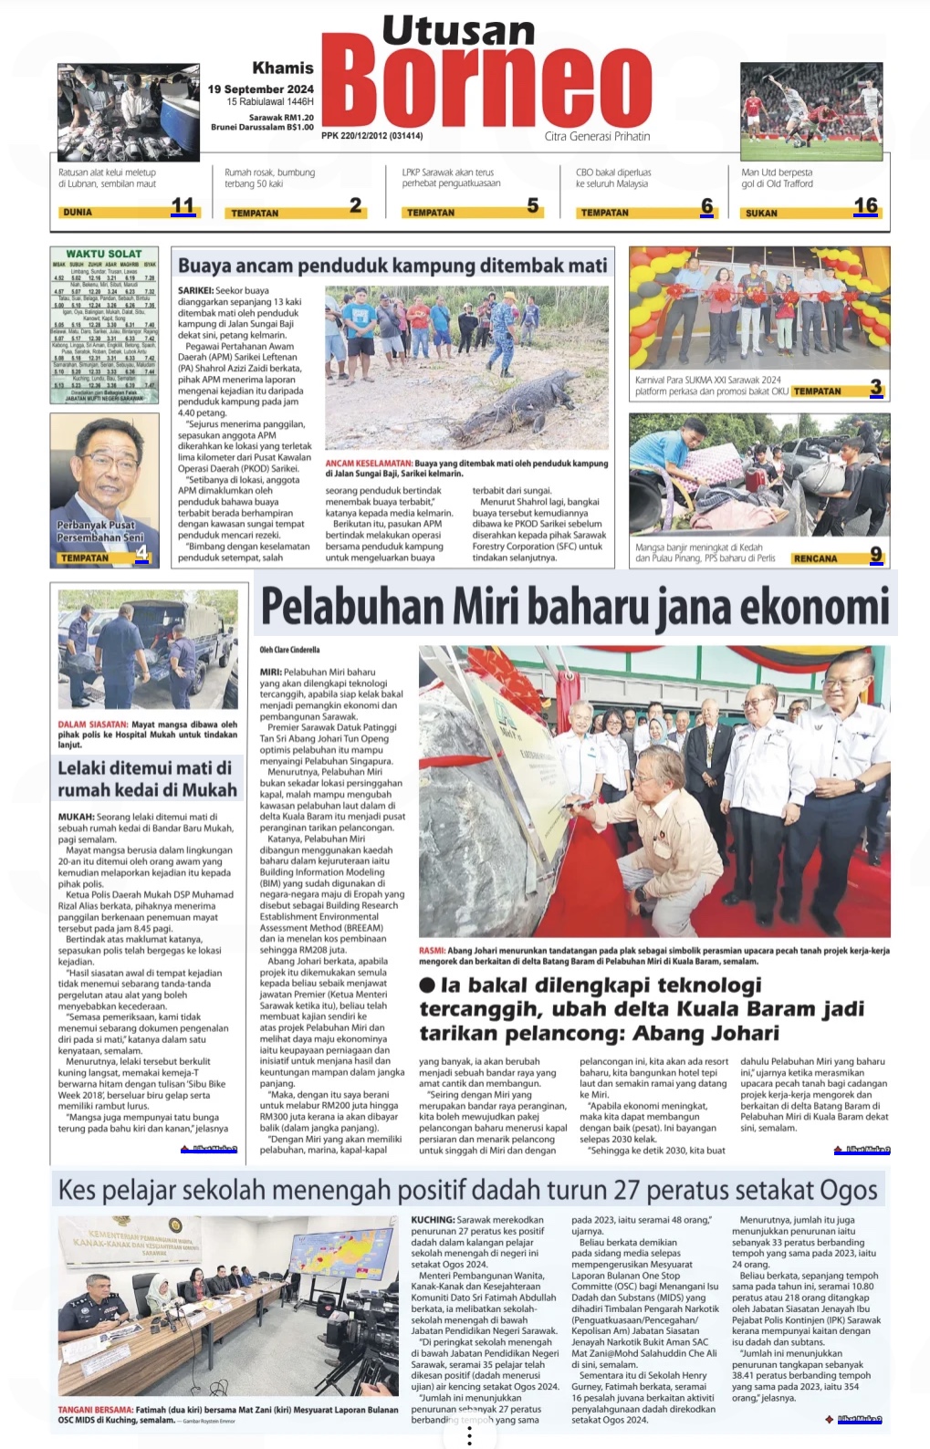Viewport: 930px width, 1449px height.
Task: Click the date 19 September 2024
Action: (x=260, y=89)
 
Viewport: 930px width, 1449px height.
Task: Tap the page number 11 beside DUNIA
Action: (x=183, y=206)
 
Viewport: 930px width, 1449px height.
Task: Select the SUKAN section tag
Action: (x=761, y=213)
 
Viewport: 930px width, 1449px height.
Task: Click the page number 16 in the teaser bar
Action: (x=865, y=206)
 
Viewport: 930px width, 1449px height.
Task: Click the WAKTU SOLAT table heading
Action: (x=104, y=254)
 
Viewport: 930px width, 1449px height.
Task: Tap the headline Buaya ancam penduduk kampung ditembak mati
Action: (x=392, y=266)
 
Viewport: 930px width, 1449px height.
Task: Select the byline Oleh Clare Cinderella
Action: (x=289, y=650)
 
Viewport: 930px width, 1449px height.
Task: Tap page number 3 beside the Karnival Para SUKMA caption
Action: (x=875, y=388)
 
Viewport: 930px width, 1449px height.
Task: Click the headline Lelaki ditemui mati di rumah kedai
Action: (x=147, y=779)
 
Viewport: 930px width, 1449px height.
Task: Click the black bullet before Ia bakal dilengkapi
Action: (x=427, y=985)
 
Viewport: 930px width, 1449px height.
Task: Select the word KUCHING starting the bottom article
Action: (x=432, y=1219)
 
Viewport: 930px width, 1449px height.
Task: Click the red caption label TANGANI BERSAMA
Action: (x=95, y=1410)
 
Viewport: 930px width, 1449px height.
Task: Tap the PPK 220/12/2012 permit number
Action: (x=371, y=136)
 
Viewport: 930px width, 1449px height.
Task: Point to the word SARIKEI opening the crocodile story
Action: (x=197, y=291)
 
